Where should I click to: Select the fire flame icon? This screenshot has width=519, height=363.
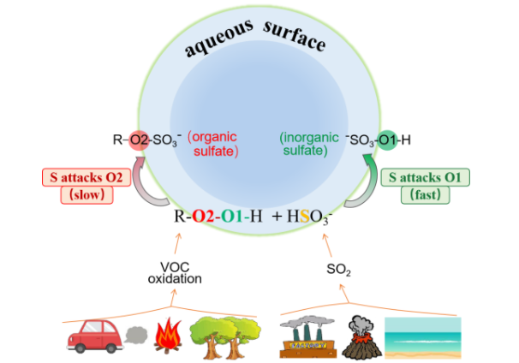click(165, 336)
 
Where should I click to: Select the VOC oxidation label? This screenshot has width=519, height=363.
click(180, 272)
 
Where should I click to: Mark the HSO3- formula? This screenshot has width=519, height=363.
click(317, 217)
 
